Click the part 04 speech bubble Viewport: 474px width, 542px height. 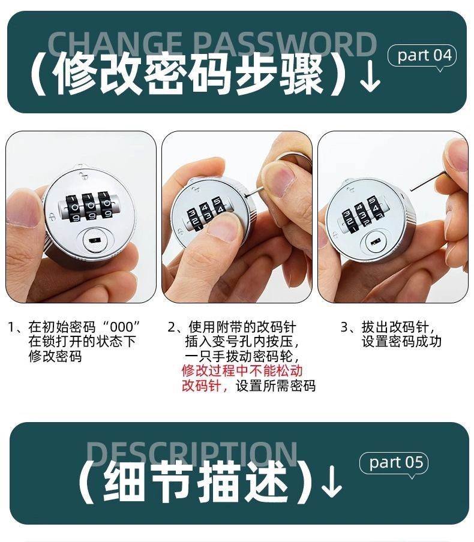point(424,56)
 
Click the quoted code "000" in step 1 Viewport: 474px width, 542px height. point(122,327)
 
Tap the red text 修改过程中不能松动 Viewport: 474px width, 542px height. point(242,371)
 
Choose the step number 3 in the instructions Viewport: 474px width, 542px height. point(344,327)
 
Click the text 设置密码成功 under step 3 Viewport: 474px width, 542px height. point(401,342)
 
